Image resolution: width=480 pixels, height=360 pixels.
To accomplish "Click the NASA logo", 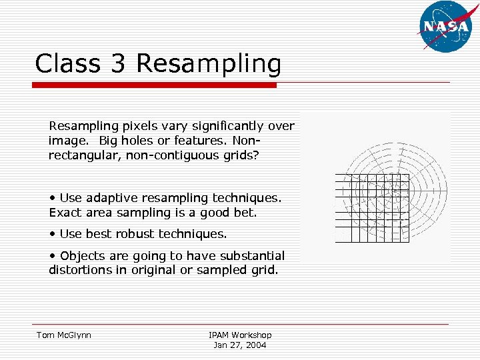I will tap(445, 26).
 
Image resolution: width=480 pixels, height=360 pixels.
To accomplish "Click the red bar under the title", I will tap(155, 85).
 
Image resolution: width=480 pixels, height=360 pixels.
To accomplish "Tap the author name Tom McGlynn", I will tap(64, 335).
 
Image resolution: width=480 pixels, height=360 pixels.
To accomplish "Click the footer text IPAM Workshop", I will tap(240, 335).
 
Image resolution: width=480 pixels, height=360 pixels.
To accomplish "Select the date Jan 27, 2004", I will tap(240, 345).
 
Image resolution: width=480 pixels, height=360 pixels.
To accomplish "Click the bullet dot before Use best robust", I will tap(52, 234).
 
